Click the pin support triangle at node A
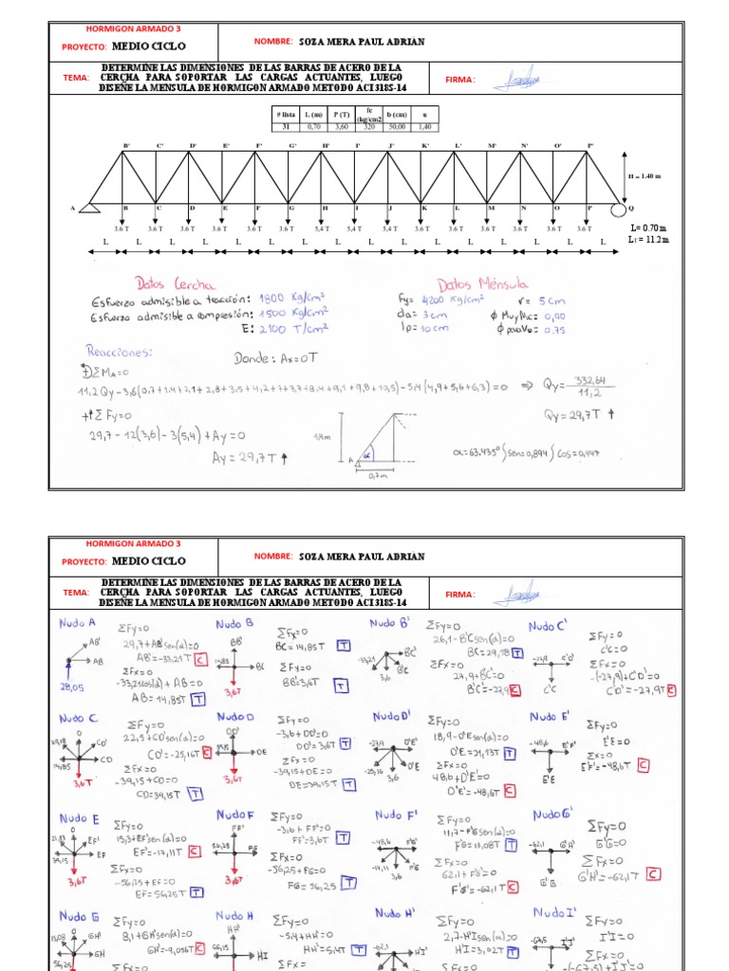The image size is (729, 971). click(x=90, y=207)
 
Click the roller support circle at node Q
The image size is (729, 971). click(x=618, y=209)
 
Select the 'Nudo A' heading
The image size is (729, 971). click(x=79, y=623)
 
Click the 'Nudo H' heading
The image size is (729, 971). click(x=234, y=915)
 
